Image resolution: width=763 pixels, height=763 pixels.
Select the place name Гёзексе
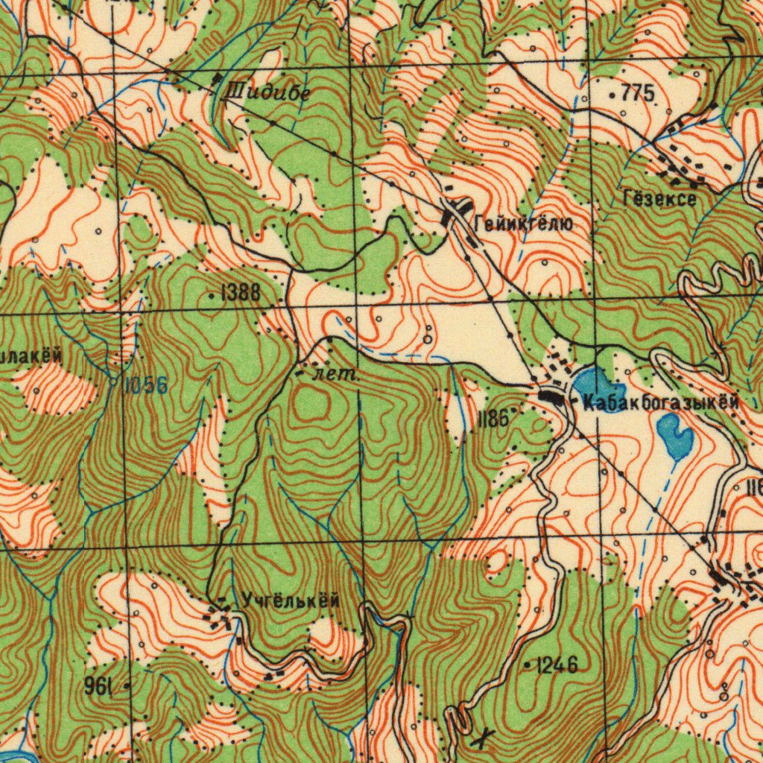point(659,199)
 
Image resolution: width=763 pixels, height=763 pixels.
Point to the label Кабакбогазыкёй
point(662,403)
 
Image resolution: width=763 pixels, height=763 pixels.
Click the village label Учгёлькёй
point(291,600)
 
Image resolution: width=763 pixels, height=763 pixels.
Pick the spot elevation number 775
point(637,94)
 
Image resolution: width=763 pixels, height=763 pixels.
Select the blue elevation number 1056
point(145,385)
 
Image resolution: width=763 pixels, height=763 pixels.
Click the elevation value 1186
point(493,420)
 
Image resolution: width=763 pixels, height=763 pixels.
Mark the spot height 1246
point(557,665)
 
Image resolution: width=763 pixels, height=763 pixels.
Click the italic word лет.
point(335,374)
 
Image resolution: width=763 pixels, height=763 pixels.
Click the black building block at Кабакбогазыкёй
point(553,398)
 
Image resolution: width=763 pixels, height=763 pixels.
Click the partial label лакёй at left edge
point(30,356)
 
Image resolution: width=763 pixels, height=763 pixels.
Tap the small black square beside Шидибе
point(218,78)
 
